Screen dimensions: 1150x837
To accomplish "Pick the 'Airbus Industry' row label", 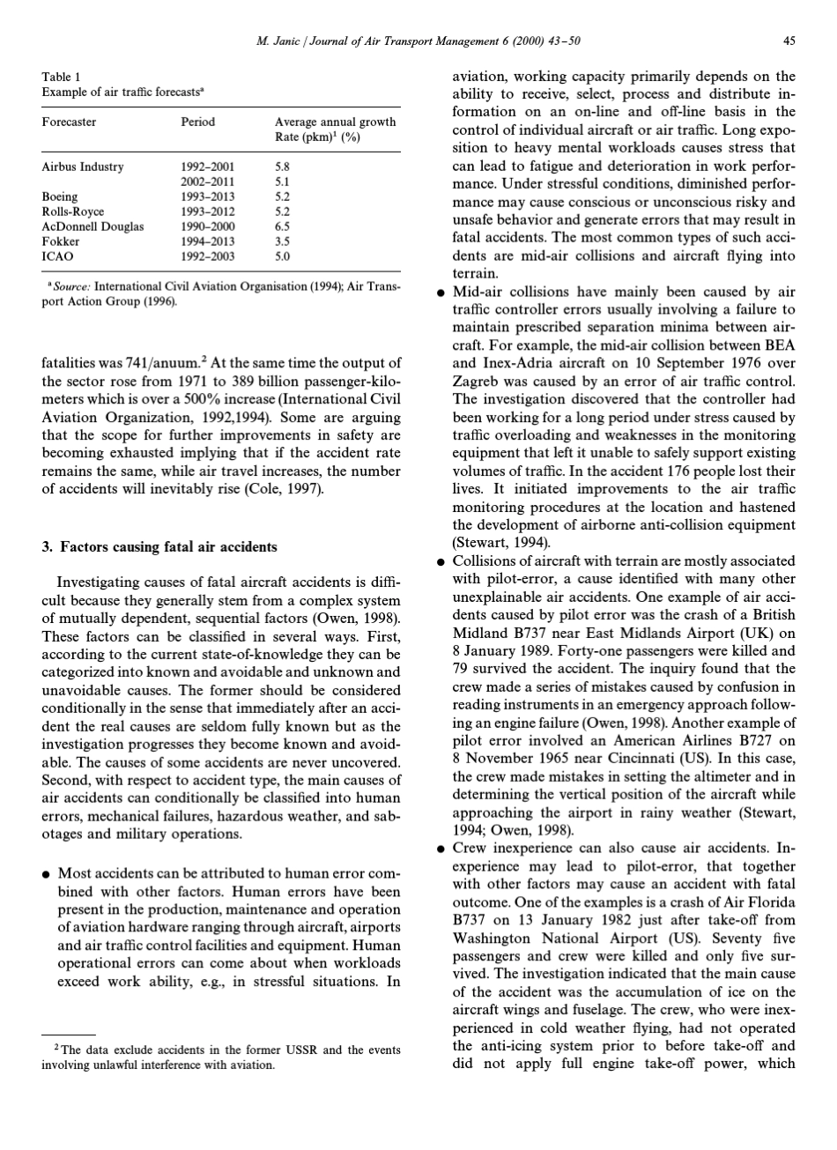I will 83,166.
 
